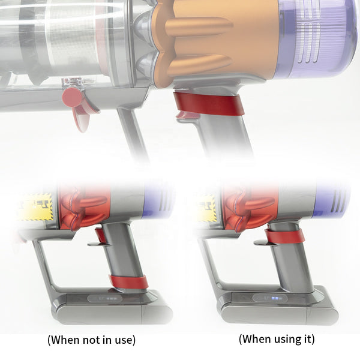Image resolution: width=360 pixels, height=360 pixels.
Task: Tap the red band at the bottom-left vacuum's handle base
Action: (128, 281)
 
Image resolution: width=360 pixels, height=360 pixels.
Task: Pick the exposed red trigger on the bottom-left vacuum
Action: (100, 235)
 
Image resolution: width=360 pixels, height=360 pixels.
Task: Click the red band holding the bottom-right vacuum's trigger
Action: (284, 236)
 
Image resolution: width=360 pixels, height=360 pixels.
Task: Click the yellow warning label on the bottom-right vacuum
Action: (206, 206)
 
